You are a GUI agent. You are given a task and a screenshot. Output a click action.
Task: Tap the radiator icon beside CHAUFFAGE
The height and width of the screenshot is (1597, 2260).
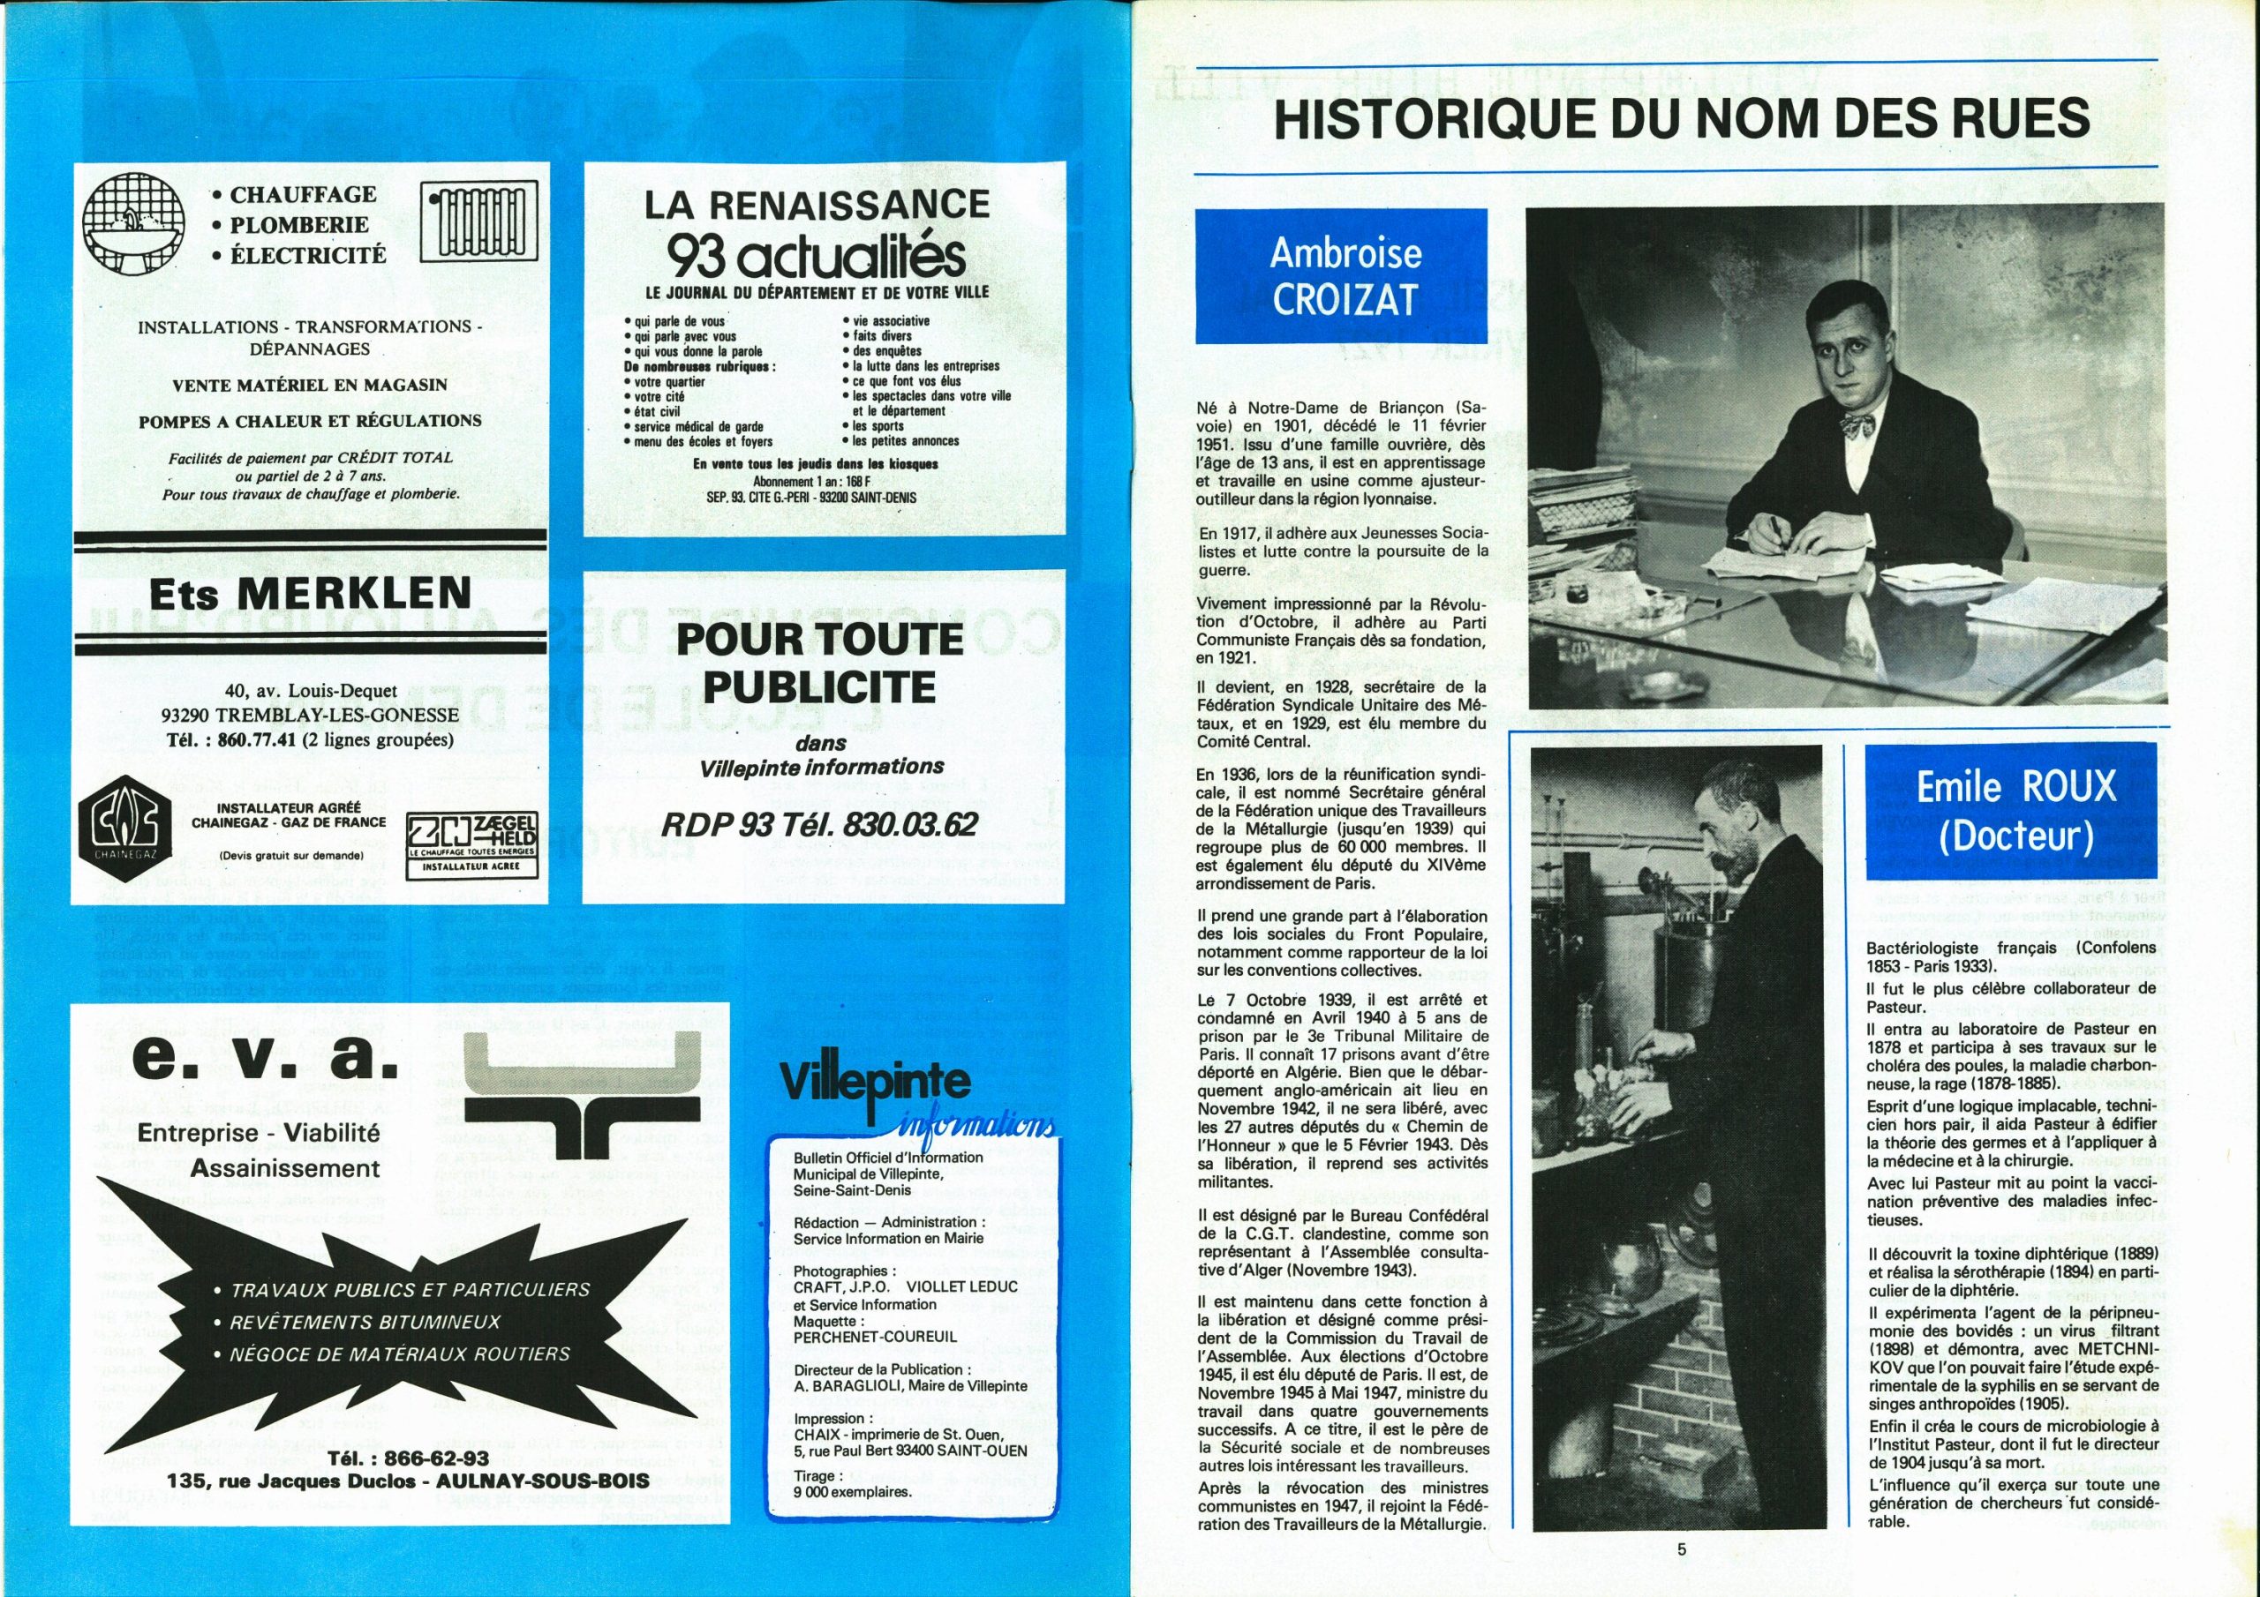click(x=480, y=221)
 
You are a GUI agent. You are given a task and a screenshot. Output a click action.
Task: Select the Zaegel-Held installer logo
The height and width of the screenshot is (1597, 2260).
click(x=472, y=843)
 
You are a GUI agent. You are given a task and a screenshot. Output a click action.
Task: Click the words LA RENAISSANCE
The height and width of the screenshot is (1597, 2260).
click(x=817, y=205)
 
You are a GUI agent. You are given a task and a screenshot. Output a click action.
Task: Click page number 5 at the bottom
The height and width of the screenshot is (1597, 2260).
click(x=1681, y=1548)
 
